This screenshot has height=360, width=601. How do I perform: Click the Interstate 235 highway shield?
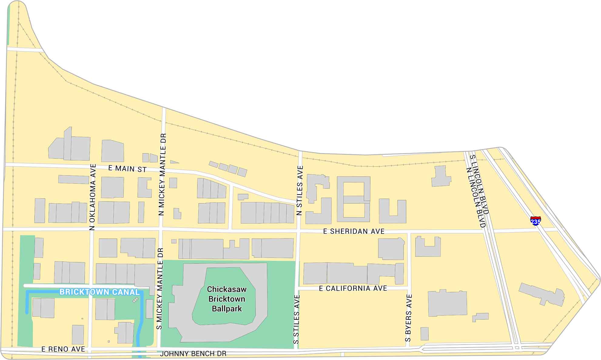click(x=536, y=221)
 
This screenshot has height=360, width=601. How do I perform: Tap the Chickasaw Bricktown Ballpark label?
click(x=227, y=299)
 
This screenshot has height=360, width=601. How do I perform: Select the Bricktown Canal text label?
click(x=99, y=292)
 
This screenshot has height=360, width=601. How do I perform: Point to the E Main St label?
click(x=127, y=169)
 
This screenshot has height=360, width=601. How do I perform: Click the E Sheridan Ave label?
click(x=354, y=232)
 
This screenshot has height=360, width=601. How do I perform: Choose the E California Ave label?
click(x=353, y=288)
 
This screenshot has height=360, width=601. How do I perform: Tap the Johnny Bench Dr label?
click(x=193, y=354)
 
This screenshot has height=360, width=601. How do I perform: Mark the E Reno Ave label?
click(x=63, y=349)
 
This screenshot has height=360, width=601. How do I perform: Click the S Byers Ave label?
click(x=408, y=318)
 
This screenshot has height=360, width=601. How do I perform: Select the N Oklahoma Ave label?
click(x=93, y=197)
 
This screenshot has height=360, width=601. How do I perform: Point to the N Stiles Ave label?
click(x=300, y=190)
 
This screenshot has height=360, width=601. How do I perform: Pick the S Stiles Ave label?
click(x=297, y=319)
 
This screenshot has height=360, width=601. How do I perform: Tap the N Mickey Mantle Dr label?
click(x=163, y=174)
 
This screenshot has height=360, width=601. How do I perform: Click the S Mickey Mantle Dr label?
click(x=160, y=288)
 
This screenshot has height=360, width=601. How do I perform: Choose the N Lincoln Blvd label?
click(x=476, y=197)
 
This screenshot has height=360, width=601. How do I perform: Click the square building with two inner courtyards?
click(x=354, y=199)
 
